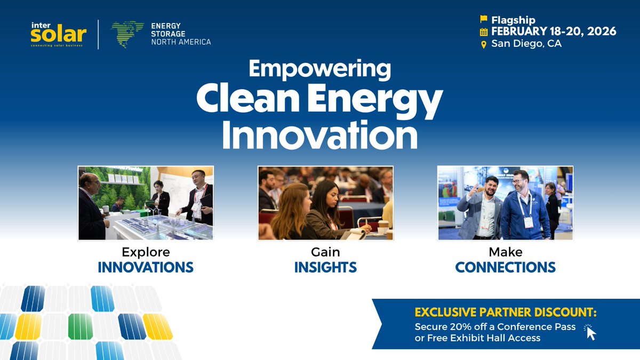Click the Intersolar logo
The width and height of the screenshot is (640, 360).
click(x=58, y=34)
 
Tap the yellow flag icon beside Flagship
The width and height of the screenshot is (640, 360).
click(x=484, y=19)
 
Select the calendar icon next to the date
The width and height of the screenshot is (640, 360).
click(x=484, y=31)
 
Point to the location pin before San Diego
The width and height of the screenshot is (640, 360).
click(x=484, y=44)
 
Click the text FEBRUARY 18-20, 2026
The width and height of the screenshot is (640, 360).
click(x=554, y=31)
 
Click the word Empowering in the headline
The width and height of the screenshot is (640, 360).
click(x=319, y=69)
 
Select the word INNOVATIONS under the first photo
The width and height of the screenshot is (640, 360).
click(x=146, y=267)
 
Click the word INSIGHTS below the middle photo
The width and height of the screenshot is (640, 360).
click(x=325, y=267)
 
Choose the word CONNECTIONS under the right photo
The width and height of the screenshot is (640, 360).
click(x=505, y=267)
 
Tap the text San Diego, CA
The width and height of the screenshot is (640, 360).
click(x=526, y=44)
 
